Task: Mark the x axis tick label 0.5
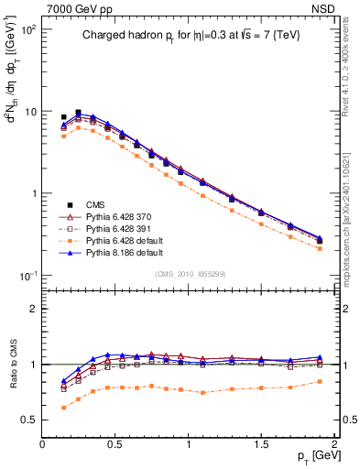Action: [x=115, y=444]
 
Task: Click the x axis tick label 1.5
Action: [x=261, y=444]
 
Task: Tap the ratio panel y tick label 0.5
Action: [x=29, y=420]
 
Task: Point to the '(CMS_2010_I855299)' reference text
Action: [x=188, y=273]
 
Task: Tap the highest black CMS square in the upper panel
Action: [x=78, y=113]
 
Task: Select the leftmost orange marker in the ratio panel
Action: [x=63, y=408]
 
